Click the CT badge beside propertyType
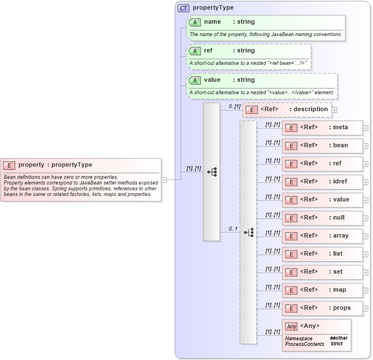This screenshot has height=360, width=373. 184,8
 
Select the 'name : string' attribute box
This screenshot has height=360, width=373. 265,27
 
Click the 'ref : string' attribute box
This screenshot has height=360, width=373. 249,55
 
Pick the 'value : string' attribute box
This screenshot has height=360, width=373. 262,85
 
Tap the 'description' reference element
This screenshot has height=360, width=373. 287,109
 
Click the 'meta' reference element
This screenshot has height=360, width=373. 322,128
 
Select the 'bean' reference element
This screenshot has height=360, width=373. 322,146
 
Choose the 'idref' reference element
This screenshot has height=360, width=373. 322,182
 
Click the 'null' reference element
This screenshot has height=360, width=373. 322,218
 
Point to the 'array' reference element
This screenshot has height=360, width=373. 322,236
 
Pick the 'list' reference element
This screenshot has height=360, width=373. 322,254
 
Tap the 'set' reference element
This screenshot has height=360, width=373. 322,272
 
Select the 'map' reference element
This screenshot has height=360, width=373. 322,290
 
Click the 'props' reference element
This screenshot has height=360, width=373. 322,308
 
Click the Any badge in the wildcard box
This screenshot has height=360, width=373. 291,326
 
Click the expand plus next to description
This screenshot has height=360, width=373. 335,110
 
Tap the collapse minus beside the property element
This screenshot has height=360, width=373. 164,180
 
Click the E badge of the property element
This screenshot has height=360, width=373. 9,165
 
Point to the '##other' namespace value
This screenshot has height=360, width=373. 339,338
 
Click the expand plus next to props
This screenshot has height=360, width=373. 366,309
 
